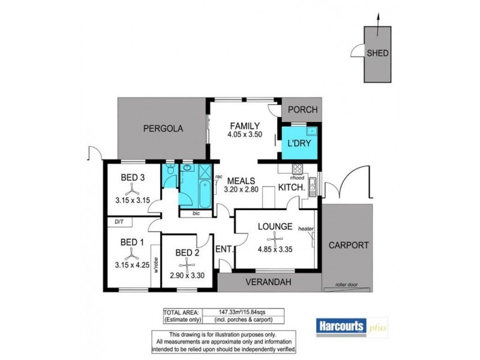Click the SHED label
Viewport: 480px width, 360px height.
[x=377, y=53]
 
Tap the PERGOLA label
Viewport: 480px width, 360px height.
[x=162, y=128]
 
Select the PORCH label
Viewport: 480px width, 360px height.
[x=302, y=110]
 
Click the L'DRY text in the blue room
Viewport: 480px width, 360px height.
[x=298, y=144]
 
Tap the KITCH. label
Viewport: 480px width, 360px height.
[x=292, y=188]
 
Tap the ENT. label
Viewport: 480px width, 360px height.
[x=224, y=249]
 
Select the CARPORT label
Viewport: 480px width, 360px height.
[x=348, y=245]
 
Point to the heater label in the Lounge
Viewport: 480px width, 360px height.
[x=306, y=229]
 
